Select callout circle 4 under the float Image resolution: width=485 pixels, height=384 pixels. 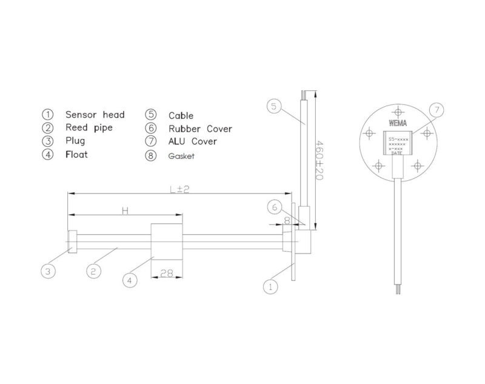130,280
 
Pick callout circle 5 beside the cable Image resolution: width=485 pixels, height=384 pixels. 274,107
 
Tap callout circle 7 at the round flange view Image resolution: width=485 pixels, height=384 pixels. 436,110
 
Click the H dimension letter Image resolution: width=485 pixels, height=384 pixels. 125,211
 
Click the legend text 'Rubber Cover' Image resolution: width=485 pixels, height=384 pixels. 200,129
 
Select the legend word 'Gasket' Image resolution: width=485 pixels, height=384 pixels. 182,156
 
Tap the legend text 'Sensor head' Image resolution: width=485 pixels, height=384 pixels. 95,115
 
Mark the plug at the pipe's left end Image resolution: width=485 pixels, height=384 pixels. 72,241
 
